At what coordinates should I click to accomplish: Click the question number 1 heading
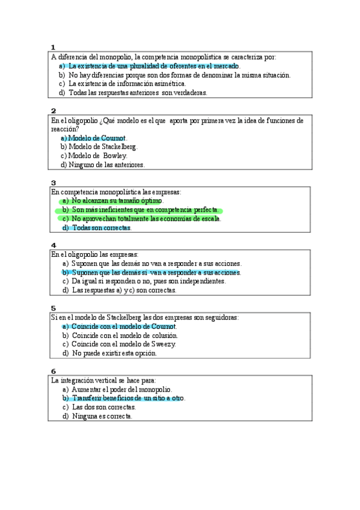tap(53, 48)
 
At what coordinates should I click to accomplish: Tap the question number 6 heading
tap(53, 371)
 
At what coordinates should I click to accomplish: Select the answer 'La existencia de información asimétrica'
tap(127, 84)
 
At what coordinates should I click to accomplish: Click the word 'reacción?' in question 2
tap(65, 129)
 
